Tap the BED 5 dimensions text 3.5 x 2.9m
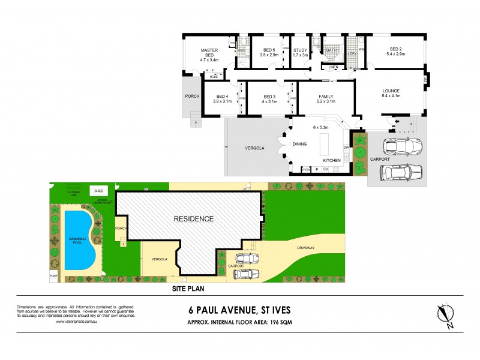(x=269, y=55)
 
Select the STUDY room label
(x=300, y=50)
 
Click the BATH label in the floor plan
(x=331, y=50)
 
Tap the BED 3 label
(x=269, y=97)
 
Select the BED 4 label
(x=222, y=97)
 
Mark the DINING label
(x=300, y=144)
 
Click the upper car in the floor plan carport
(x=401, y=146)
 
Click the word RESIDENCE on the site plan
(x=194, y=219)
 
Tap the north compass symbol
(x=446, y=315)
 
